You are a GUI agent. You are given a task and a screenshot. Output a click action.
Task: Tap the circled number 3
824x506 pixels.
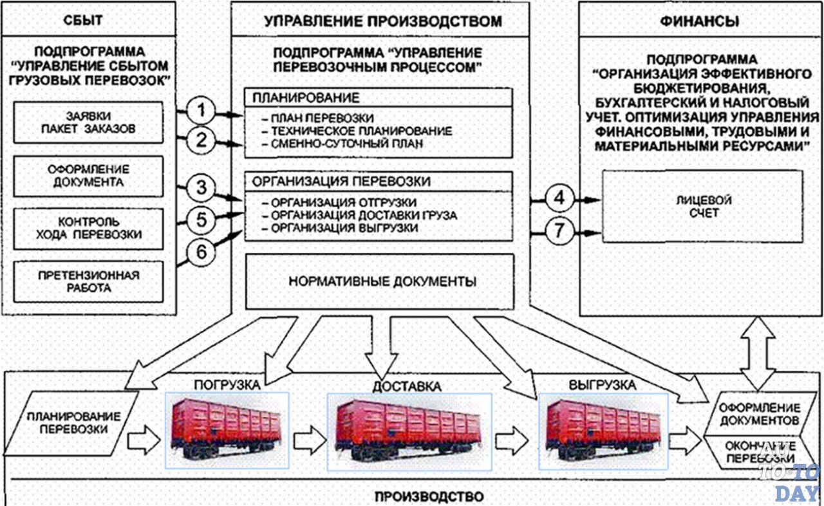202,189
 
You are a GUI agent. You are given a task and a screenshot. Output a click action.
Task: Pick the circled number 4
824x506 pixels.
559,199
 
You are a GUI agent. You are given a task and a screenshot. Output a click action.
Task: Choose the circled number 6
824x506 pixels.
202,252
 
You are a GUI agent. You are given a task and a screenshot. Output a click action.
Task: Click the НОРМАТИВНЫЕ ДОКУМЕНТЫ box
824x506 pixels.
382,281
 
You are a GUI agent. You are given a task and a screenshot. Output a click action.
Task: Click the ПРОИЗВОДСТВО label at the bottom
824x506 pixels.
428,496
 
